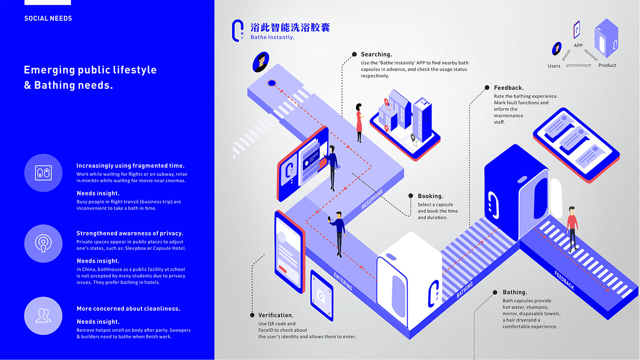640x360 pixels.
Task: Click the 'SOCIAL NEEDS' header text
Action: [48, 18]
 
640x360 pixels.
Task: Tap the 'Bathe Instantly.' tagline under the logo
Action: [272, 37]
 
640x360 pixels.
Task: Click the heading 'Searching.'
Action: [376, 54]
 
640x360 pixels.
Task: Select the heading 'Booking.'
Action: [431, 196]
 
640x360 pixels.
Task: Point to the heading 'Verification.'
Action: [276, 315]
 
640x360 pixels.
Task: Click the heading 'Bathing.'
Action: [515, 292]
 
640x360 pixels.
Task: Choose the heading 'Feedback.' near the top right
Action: [508, 88]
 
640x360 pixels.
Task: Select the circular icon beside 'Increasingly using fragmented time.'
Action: [43, 173]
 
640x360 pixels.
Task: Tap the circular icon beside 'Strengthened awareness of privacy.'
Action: [43, 244]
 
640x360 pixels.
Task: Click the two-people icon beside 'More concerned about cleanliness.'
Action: [43, 316]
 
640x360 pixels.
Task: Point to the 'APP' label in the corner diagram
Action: [578, 45]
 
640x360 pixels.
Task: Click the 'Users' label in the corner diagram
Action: [554, 66]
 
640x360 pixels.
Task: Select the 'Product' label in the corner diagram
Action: [607, 65]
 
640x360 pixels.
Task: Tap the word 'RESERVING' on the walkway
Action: [372, 199]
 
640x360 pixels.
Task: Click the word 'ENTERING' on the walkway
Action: [343, 281]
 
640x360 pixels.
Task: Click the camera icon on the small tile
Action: [320, 296]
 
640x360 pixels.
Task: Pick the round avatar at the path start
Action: [261, 62]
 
